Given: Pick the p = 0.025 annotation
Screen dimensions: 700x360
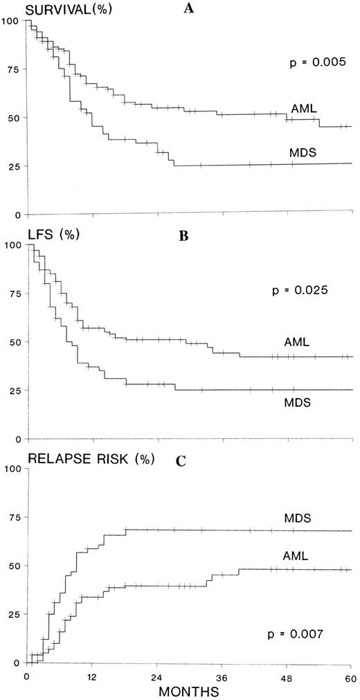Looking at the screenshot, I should [x=298, y=291].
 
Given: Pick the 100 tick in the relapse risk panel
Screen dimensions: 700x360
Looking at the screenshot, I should [x=10, y=469].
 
